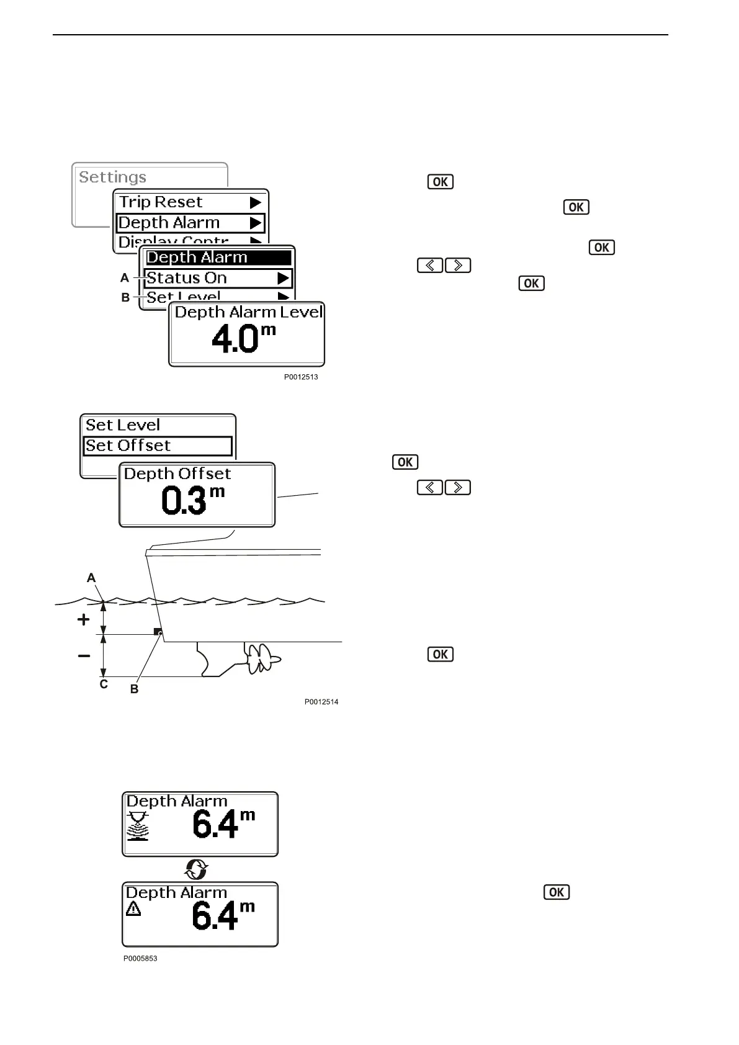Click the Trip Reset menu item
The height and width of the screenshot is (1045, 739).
click(x=161, y=202)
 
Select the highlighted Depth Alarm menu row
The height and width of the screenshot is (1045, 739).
click(x=190, y=223)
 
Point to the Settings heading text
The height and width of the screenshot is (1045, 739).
click(x=113, y=177)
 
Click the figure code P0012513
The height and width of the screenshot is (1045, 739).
click(x=301, y=377)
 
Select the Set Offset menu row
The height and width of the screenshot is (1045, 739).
click(x=158, y=446)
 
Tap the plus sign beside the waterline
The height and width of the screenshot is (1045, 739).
click(x=83, y=619)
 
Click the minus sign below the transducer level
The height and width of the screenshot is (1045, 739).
click(x=84, y=656)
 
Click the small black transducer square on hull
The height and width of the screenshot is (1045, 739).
click(x=158, y=632)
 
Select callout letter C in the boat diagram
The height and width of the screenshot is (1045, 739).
click(x=104, y=684)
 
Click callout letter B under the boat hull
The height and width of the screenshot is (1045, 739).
click(x=134, y=689)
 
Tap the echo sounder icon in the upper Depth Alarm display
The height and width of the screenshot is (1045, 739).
click(x=138, y=826)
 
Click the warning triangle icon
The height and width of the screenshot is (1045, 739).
click(x=133, y=910)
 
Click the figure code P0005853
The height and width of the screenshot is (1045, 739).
click(x=140, y=958)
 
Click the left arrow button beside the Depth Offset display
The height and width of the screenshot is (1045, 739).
click(x=430, y=487)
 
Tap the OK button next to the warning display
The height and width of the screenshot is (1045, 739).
click(x=557, y=892)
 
